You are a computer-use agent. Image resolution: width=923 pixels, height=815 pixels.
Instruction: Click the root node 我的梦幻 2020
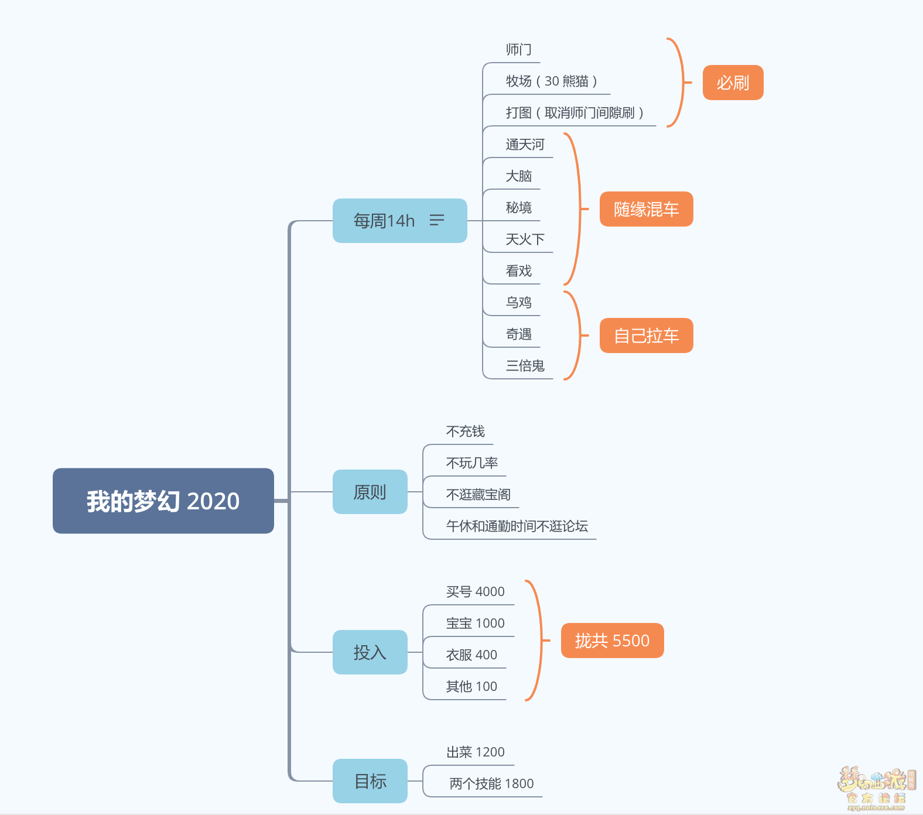(163, 501)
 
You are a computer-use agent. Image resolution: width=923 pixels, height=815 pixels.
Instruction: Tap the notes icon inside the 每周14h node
(437, 220)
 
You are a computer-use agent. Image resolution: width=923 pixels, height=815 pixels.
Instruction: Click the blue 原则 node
(370, 492)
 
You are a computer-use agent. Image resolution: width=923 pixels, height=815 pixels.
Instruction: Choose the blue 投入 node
(370, 652)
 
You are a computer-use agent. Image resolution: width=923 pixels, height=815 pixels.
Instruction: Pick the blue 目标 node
(370, 780)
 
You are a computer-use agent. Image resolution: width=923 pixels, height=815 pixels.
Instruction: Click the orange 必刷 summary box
(733, 83)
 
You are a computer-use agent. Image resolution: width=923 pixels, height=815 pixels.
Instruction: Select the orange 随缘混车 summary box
(646, 209)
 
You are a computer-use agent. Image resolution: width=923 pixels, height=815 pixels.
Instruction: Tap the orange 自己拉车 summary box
(646, 335)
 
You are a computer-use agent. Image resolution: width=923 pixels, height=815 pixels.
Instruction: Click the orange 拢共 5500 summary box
(612, 641)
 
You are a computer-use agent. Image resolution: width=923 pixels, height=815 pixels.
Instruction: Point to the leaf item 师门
(519, 50)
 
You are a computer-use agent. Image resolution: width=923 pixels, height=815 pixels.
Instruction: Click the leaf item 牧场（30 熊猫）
(551, 81)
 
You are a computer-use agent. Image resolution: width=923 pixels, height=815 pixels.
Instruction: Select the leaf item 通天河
(525, 145)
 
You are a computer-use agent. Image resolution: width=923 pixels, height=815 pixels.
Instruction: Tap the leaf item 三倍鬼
(525, 366)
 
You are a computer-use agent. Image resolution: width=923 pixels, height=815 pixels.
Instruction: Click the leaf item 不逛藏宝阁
(478, 495)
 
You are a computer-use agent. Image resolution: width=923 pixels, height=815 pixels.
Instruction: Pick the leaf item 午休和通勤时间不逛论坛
(517, 526)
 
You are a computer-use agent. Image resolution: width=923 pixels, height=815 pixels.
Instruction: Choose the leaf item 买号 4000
(475, 592)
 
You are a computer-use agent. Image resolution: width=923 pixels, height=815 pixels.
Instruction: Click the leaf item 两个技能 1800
(491, 784)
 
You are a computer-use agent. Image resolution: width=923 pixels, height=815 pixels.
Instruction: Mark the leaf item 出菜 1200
(475, 752)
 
